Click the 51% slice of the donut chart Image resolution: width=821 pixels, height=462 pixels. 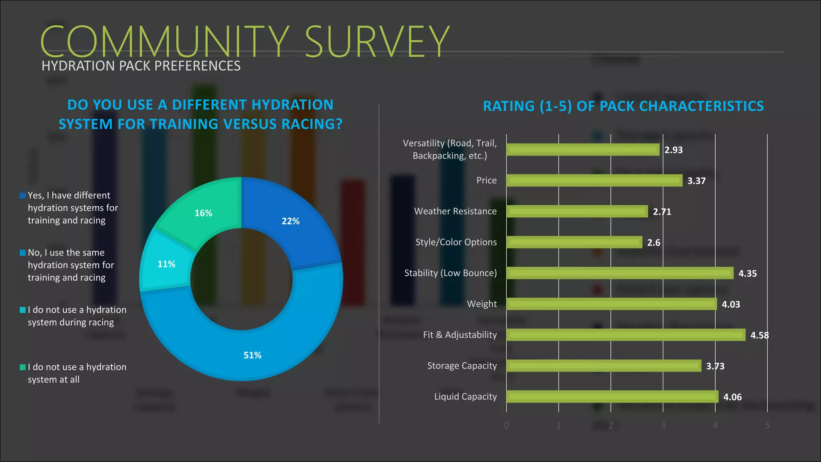[253, 349]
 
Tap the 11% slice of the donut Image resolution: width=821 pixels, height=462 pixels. [166, 264]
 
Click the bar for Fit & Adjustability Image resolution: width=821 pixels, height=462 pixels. [625, 335]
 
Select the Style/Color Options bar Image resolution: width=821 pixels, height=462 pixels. [574, 242]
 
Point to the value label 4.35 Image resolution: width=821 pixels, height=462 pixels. [747, 274]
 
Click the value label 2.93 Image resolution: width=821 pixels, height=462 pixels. [673, 150]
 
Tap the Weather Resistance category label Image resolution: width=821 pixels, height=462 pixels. [455, 211]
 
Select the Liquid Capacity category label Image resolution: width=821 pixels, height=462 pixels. [465, 397]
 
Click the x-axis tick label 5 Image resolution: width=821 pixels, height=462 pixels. [767, 426]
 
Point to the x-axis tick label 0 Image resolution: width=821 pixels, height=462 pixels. [506, 426]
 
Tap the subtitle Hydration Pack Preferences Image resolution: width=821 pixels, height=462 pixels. [141, 66]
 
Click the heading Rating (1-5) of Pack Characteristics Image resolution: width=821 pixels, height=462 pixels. [623, 106]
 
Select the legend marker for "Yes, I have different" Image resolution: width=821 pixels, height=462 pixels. [23, 196]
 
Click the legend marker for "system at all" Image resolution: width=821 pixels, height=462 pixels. [23, 367]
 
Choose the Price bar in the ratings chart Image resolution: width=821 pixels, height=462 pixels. [594, 180]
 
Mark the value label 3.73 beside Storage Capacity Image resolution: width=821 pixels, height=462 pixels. [715, 366]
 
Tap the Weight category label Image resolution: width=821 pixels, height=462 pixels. [481, 304]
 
